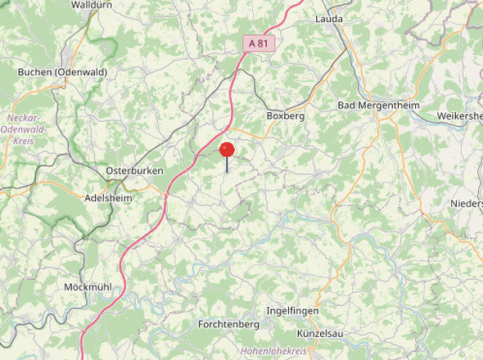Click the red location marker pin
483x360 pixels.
(227, 151)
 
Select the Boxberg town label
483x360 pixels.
(286, 116)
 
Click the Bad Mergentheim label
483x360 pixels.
(378, 106)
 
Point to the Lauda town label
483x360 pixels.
(329, 18)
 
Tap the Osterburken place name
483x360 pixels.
(134, 171)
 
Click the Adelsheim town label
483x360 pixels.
(109, 198)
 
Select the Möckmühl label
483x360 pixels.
(88, 287)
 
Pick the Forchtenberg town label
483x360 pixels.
(228, 325)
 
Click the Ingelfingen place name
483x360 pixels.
(292, 312)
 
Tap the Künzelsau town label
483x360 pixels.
(320, 334)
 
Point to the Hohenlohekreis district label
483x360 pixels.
(273, 351)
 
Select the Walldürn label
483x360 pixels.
(92, 5)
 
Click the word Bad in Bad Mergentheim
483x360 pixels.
(347, 106)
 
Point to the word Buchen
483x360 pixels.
(35, 72)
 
